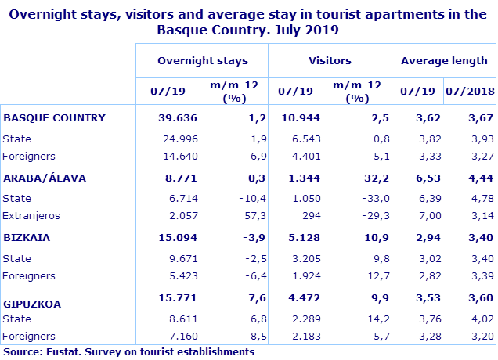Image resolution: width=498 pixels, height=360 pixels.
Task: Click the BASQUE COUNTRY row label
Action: [x=54, y=118]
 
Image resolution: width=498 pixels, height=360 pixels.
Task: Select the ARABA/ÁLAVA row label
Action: [x=45, y=178]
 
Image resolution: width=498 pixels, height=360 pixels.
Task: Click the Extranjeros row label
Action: [x=31, y=215]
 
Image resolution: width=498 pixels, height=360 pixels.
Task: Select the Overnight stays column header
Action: [x=202, y=60]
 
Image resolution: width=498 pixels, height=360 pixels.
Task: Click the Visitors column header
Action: [x=330, y=60]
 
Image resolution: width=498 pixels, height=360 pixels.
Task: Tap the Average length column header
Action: [x=444, y=60]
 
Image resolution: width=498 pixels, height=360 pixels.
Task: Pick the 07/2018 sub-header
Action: [x=470, y=91]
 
